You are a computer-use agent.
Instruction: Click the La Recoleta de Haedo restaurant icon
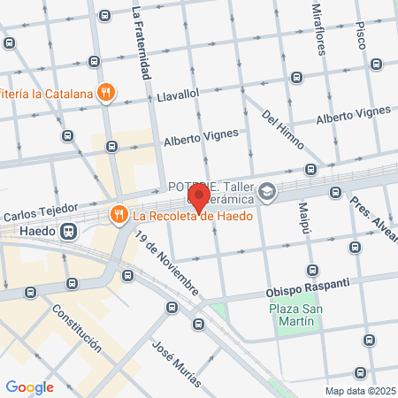(118, 214)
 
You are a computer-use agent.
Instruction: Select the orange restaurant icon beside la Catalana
(106, 91)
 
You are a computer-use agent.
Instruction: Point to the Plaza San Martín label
(292, 316)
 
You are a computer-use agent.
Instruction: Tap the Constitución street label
(76, 329)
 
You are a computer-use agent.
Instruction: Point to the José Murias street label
(177, 364)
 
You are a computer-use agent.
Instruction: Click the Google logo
(30, 387)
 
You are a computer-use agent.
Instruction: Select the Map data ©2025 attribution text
(359, 391)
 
